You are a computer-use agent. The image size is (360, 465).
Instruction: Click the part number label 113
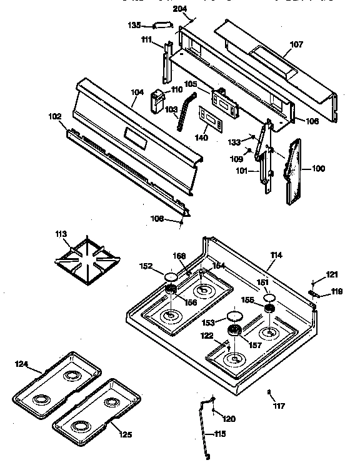click(x=60, y=235)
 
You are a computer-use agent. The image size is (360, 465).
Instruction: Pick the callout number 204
click(x=179, y=8)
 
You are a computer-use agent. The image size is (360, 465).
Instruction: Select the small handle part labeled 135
click(x=161, y=26)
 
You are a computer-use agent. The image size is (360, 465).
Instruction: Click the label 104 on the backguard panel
click(x=137, y=92)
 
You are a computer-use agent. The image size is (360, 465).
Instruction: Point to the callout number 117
click(x=279, y=406)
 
